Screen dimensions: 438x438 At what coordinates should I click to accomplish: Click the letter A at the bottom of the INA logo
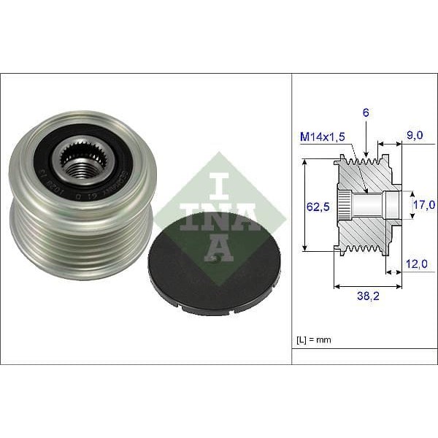point(219,247)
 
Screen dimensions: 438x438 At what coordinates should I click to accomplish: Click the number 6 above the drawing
point(366,112)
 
